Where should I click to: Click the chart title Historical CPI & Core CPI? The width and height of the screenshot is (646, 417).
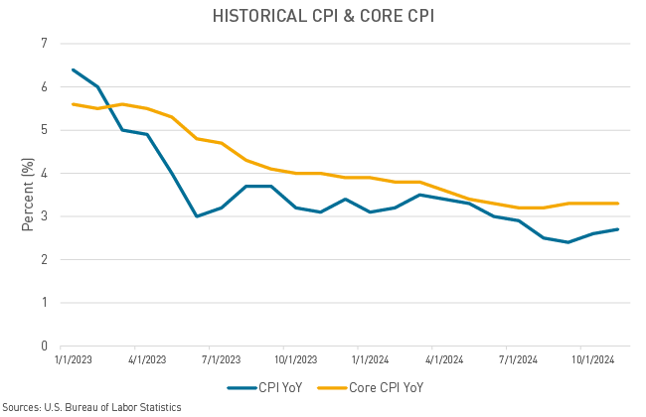coord(323,16)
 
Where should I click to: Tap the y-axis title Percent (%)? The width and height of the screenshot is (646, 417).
coord(27,195)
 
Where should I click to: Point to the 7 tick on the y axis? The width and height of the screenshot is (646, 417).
coord(44,44)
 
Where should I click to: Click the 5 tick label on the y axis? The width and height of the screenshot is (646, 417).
coord(44,130)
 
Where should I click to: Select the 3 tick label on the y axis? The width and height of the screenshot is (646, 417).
coord(44,216)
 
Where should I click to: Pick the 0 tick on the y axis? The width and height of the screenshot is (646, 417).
coord(44,346)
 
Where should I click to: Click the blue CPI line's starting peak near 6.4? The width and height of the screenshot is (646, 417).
coord(74,69)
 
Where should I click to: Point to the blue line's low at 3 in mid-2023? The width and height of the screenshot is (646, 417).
coord(196,216)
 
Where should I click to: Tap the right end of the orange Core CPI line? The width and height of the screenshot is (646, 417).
coord(618,204)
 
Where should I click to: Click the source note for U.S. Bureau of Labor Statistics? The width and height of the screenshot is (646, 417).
coord(91,407)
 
